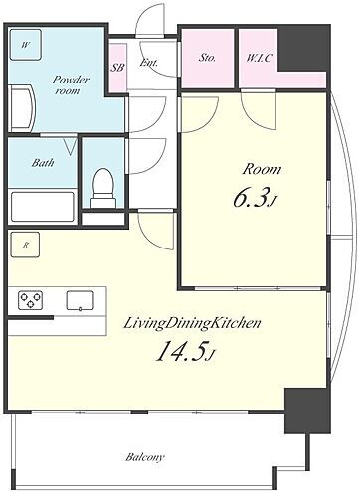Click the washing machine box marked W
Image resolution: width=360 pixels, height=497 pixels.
25,45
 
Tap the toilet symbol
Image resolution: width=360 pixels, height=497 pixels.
103,188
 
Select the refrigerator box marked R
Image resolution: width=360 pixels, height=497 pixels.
25,245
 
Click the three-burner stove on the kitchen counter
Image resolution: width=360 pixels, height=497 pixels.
30,300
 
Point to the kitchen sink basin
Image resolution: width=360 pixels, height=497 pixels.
80,300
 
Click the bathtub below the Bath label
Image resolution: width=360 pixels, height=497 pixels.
43,207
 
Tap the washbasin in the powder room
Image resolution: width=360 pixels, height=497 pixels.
22,108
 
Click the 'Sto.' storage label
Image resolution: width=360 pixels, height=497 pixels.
207,58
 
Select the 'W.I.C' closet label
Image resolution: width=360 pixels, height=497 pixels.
259,58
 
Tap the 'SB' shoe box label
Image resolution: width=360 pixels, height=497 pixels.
117,68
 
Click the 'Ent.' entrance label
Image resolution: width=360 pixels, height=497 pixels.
149,63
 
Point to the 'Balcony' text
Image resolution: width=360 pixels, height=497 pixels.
145,457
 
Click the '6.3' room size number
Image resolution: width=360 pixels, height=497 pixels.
255,199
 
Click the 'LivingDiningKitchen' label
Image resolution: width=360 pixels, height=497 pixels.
192,324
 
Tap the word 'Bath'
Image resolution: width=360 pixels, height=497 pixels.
43,163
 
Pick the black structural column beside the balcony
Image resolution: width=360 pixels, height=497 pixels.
307,411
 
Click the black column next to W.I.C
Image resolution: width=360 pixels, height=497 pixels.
304,48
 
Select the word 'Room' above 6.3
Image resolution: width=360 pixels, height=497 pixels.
262,169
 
